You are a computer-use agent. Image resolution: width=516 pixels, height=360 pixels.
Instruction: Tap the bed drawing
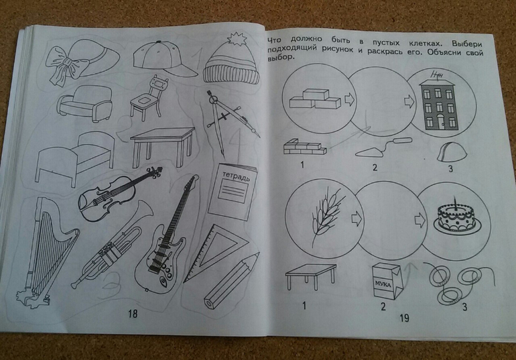(x=74, y=159)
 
